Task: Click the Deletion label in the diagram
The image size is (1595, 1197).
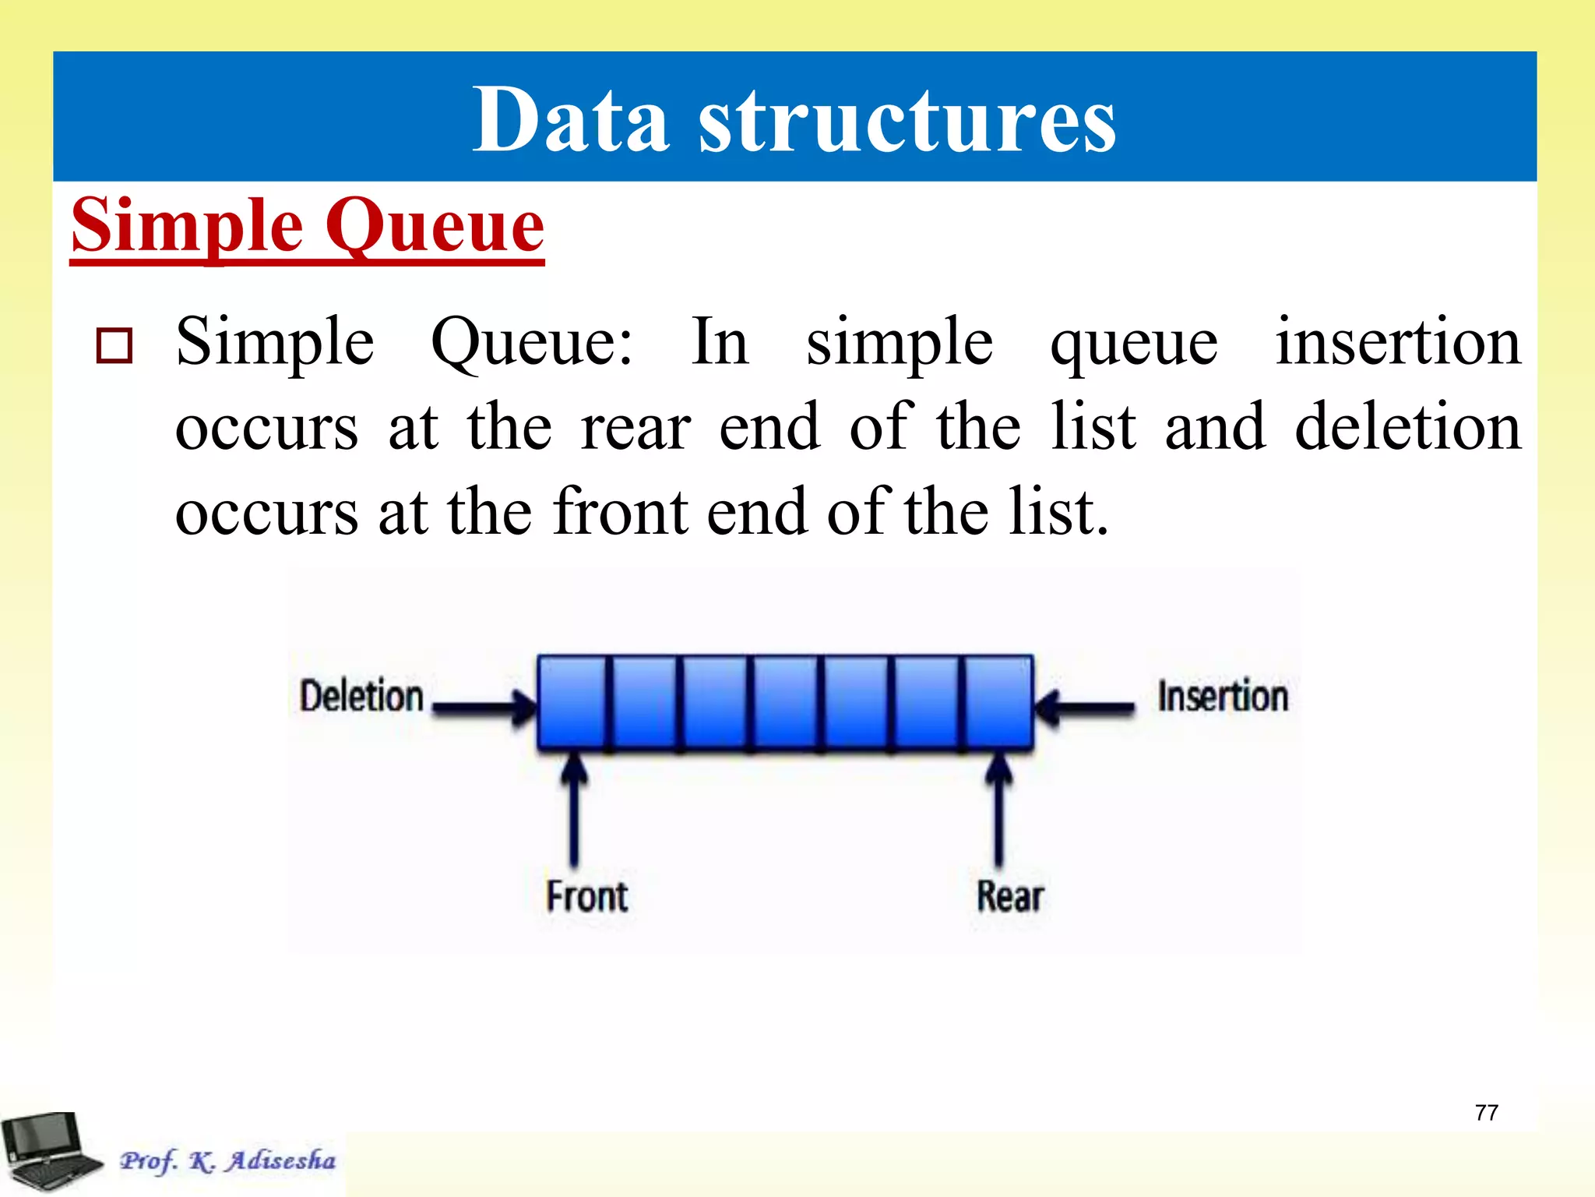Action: click(x=361, y=696)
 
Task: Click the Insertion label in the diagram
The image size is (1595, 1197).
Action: click(x=1222, y=696)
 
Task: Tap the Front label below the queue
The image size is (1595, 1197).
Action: click(x=586, y=896)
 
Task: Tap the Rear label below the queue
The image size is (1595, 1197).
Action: click(x=1009, y=896)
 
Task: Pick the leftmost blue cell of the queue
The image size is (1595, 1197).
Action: click(x=572, y=701)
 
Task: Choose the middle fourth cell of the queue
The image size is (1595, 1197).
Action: click(x=785, y=701)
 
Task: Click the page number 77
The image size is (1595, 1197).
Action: click(x=1486, y=1112)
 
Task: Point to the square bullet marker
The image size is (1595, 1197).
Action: click(x=114, y=346)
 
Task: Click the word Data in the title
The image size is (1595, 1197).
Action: click(x=571, y=121)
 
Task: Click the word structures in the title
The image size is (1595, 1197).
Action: click(x=907, y=121)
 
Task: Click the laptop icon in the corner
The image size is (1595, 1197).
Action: click(x=48, y=1152)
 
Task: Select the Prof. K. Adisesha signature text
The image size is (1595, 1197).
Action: click(x=227, y=1160)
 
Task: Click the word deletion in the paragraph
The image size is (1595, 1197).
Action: click(x=1407, y=426)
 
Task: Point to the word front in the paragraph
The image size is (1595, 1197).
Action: click(x=621, y=512)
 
